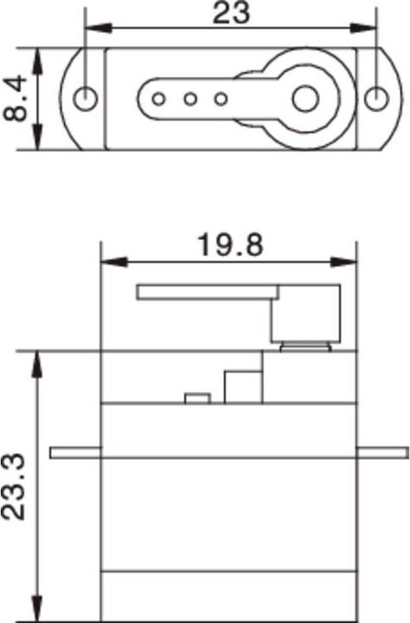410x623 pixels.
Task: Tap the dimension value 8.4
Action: [17, 99]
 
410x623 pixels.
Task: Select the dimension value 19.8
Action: [229, 245]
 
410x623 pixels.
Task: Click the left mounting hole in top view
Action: [85, 99]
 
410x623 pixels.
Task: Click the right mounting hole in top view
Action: [375, 99]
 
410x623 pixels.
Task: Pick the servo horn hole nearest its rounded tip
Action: [158, 99]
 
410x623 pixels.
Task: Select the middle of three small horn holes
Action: [189, 99]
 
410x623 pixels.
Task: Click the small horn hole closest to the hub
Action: [221, 99]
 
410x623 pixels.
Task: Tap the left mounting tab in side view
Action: [75, 453]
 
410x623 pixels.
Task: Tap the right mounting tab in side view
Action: [381, 453]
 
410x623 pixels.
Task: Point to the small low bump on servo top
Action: [197, 399]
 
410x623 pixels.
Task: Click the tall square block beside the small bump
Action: [243, 388]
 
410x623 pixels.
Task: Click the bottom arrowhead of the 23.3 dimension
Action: [37, 611]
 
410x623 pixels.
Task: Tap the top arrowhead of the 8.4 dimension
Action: [37, 55]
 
